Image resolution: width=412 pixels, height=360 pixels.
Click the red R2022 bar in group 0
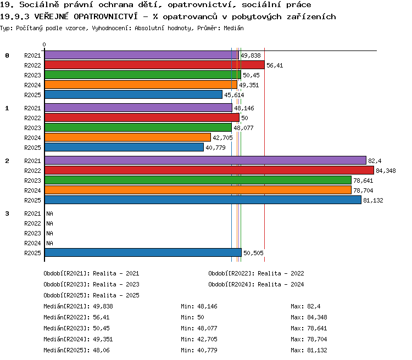[154, 65]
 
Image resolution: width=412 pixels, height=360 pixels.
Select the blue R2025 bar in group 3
[143, 252]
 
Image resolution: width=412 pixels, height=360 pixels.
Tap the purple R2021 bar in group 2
[205, 160]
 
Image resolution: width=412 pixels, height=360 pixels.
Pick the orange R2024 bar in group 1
[127, 137]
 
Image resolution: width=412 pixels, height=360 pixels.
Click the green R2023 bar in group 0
[143, 75]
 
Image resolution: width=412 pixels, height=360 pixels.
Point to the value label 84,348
[386, 171]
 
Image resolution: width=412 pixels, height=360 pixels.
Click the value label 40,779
[215, 148]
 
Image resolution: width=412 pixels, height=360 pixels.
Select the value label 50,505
[253, 253]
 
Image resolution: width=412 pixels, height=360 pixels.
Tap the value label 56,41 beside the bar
[275, 65]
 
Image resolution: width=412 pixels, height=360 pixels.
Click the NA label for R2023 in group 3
[49, 233]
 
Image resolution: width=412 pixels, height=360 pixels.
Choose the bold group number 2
[7, 161]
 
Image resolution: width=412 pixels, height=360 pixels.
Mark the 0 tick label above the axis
[44, 44]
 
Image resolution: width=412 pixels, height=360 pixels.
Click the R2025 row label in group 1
[32, 148]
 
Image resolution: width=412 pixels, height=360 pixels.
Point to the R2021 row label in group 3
[32, 213]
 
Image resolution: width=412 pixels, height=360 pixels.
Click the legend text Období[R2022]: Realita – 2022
[256, 273]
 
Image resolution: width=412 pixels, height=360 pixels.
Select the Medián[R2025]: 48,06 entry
[76, 350]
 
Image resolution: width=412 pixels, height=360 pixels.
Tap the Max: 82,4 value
[305, 306]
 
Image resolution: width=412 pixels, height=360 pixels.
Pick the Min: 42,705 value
[199, 339]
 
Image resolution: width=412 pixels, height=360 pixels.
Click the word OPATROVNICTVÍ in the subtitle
[105, 16]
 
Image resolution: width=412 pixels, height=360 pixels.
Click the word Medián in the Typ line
[233, 28]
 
